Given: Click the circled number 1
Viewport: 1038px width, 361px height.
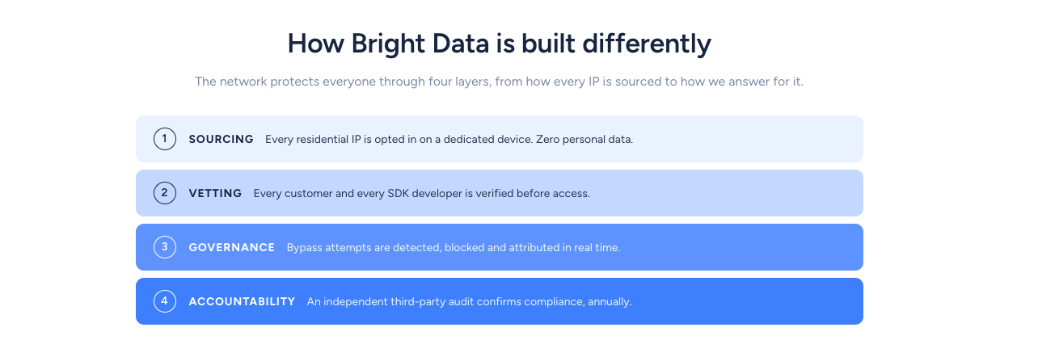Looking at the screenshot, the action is click(x=164, y=139).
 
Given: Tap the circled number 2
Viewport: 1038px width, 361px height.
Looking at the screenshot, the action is click(x=164, y=193).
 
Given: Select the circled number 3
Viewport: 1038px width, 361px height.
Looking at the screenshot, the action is click(x=164, y=247).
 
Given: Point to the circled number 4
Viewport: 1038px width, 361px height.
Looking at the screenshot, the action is click(x=164, y=301).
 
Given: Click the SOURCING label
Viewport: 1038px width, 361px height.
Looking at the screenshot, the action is click(x=221, y=139).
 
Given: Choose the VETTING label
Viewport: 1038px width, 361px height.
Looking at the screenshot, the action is click(x=215, y=194).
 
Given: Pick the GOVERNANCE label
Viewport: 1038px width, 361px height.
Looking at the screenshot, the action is click(x=232, y=248).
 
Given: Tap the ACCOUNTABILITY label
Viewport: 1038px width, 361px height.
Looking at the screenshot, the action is click(x=242, y=302).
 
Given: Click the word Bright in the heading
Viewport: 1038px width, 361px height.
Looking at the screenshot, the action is click(x=388, y=44).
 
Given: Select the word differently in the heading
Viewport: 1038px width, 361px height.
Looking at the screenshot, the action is click(x=647, y=44).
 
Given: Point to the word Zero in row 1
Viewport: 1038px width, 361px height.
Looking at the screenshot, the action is click(x=547, y=139).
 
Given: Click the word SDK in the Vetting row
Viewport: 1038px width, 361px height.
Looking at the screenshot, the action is click(x=398, y=194).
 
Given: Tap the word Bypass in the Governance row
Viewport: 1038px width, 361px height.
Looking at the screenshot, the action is click(x=304, y=248).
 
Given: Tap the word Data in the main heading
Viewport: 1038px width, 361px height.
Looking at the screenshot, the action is click(x=460, y=44).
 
